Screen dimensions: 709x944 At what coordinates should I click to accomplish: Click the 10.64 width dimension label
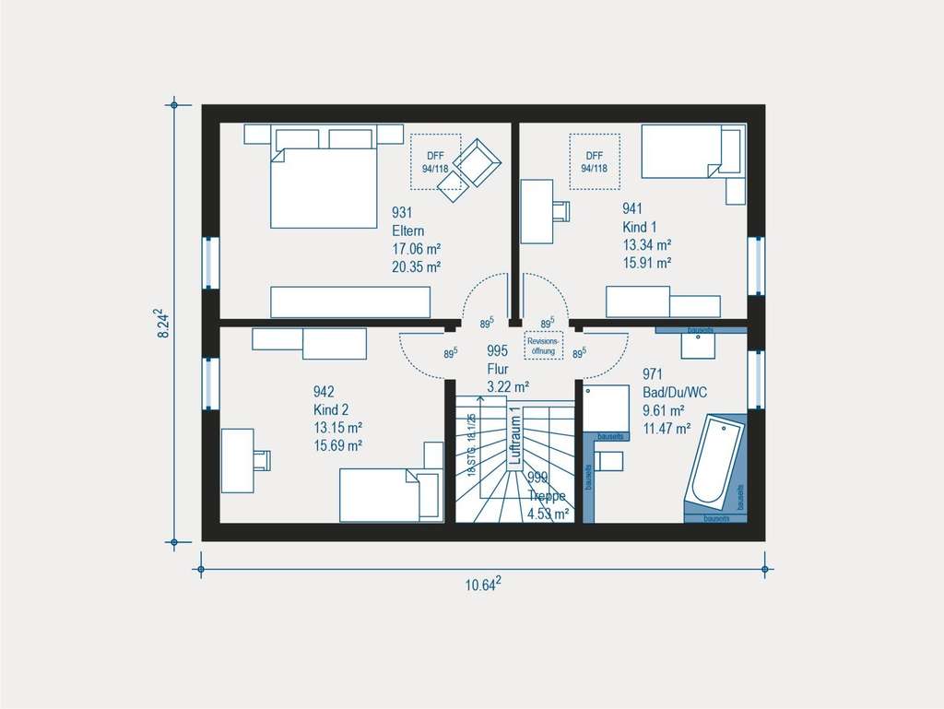(x=482, y=585)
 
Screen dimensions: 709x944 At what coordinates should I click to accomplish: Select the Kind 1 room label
(x=641, y=227)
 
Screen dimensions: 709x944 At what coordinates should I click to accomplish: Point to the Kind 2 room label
(x=332, y=409)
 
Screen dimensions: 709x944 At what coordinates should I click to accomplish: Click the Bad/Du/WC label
(x=674, y=393)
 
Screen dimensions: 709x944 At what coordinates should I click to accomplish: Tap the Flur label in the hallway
(x=497, y=368)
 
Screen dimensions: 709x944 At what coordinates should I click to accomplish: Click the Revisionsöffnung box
(x=543, y=345)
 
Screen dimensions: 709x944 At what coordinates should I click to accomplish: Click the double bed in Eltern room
(x=323, y=184)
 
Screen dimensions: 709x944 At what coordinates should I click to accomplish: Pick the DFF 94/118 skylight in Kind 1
(x=594, y=162)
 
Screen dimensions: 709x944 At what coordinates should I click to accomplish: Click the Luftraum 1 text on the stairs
(x=515, y=438)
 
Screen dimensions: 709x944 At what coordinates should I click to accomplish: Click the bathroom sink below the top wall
(x=699, y=344)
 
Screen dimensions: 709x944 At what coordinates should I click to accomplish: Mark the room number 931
(x=402, y=213)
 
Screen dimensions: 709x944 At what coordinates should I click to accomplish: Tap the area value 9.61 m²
(x=663, y=410)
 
